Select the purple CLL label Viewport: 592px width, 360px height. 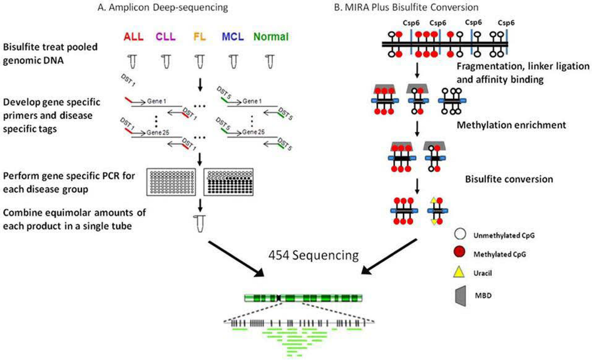[x=166, y=36]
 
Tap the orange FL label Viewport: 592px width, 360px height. [x=199, y=36]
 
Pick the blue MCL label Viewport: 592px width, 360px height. [x=234, y=36]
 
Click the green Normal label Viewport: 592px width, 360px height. [x=269, y=36]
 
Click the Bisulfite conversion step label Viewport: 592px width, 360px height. [x=509, y=179]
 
